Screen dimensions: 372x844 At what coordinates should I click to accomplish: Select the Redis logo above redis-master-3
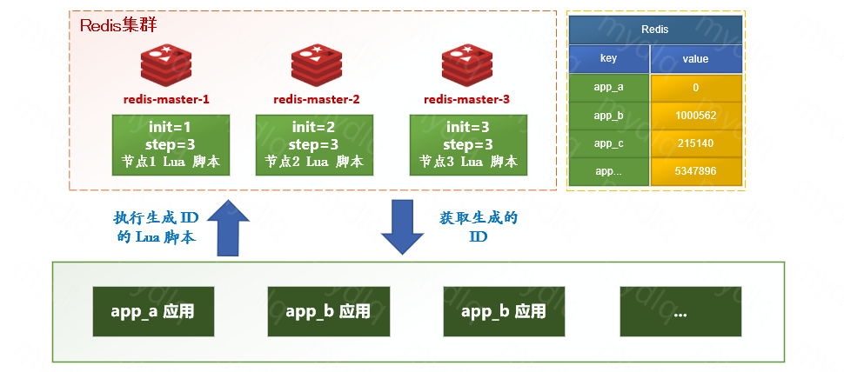466,66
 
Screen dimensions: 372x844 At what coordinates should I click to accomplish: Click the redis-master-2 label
316,99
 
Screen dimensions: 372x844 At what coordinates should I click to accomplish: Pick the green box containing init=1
171,143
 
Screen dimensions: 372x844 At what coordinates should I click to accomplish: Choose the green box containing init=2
314,143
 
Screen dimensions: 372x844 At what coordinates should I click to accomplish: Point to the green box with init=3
468,143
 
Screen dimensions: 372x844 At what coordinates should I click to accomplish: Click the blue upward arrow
227,227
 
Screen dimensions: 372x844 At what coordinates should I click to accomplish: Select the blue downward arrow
402,227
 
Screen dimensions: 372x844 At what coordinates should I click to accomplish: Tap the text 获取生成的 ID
477,227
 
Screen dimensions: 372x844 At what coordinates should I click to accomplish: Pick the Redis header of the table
655,30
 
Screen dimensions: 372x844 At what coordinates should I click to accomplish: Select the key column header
609,59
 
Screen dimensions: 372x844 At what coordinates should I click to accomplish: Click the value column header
696,59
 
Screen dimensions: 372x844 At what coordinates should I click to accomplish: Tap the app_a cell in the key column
609,88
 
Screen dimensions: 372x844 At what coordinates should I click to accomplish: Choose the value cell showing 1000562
696,116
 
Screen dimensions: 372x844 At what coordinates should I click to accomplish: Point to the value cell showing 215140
696,143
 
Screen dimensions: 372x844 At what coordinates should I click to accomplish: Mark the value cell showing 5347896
696,171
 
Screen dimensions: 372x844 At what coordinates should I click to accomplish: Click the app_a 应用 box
152,311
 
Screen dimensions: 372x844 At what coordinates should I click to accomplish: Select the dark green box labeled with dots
680,311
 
